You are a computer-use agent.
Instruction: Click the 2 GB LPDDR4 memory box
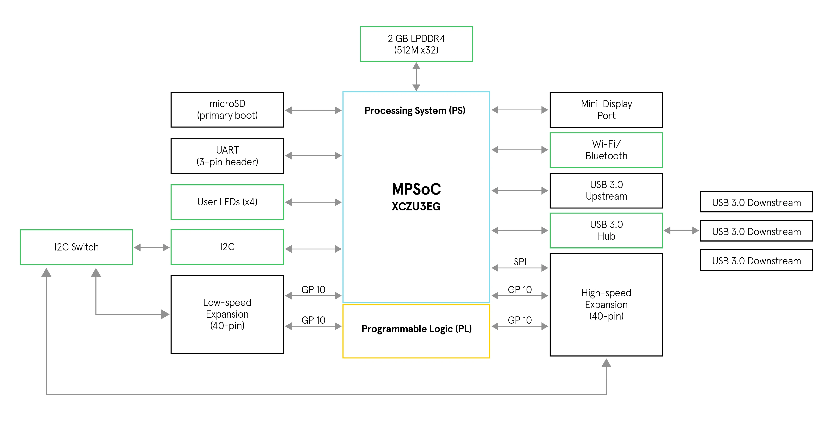pos(416,44)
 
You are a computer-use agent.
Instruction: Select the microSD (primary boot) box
pos(227,110)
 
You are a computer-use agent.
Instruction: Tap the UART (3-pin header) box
pos(227,156)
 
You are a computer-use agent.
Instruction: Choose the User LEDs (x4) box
pos(227,202)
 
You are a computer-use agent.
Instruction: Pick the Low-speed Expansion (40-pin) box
pos(227,314)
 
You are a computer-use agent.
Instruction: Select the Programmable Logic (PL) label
pos(416,329)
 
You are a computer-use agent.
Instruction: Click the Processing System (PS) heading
pos(415,111)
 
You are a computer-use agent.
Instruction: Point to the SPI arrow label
pos(520,262)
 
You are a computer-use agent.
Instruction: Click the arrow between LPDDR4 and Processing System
pos(416,77)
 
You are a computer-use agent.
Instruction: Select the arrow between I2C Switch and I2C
pos(152,248)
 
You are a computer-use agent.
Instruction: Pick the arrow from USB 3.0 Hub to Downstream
pos(681,230)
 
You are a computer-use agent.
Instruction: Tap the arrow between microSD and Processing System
pos(313,110)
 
